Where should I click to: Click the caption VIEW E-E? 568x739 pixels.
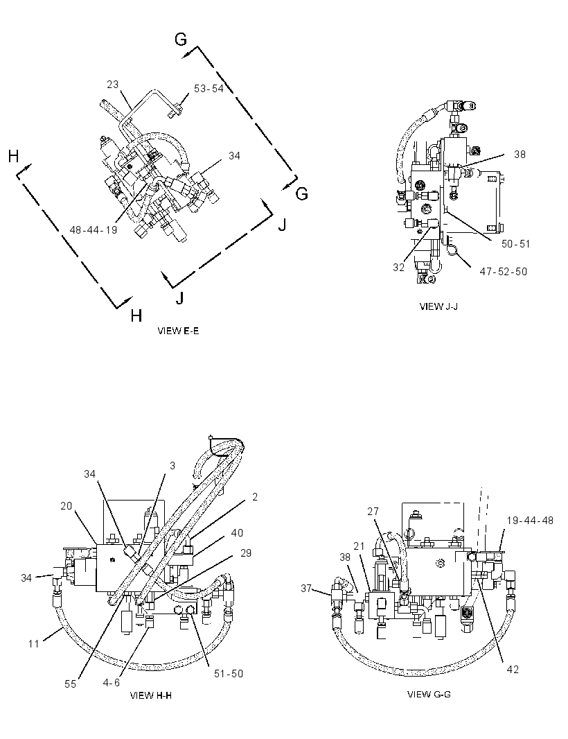178,331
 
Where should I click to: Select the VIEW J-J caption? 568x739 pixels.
439,306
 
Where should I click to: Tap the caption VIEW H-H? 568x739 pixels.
151,695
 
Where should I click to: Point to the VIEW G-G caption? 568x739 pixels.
429,694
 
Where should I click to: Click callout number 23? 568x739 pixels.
113,85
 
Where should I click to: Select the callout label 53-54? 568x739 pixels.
208,89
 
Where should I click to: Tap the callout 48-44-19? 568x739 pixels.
94,229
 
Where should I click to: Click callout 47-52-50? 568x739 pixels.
504,272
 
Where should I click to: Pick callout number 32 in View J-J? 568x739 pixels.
398,267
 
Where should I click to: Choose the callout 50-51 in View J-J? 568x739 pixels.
516,243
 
